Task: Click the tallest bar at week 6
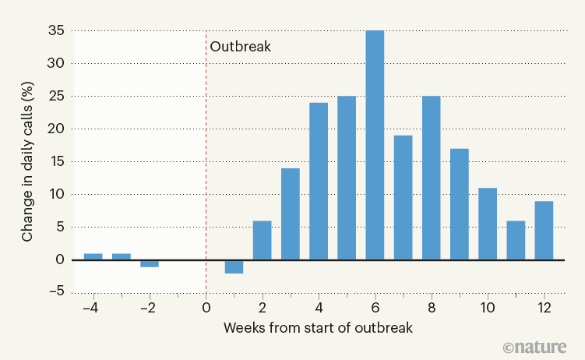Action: (x=375, y=145)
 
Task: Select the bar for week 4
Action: (x=319, y=181)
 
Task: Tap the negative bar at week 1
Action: (x=234, y=266)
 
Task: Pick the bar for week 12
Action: (x=544, y=230)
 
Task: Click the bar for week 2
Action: (x=263, y=240)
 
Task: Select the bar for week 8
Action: (x=431, y=178)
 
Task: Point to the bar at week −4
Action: (x=93, y=256)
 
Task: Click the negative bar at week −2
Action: (x=150, y=263)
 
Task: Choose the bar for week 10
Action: (x=488, y=224)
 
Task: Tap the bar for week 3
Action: (x=291, y=214)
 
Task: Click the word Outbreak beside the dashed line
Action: (x=240, y=46)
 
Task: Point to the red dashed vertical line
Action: (x=206, y=156)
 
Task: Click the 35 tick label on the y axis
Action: (x=55, y=31)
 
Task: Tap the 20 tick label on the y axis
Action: (x=55, y=129)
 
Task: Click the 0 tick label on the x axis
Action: (x=206, y=307)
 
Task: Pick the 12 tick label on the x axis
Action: (x=544, y=307)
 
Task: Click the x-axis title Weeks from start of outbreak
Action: (x=318, y=327)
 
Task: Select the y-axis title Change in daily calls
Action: (x=27, y=162)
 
